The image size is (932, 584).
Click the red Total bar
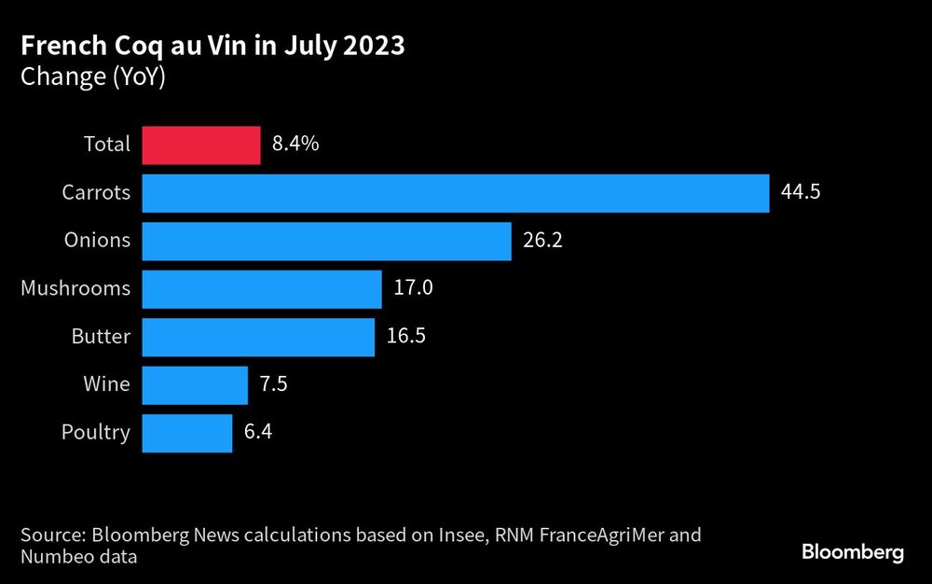(x=200, y=146)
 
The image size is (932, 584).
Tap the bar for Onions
(x=326, y=242)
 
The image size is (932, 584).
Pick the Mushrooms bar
(x=262, y=289)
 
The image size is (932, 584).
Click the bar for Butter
(x=258, y=337)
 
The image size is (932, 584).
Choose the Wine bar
(x=195, y=384)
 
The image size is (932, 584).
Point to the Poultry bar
(x=187, y=433)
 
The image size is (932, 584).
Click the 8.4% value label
(x=295, y=146)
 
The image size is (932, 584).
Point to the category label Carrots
(x=96, y=193)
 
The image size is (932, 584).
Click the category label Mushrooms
(x=75, y=289)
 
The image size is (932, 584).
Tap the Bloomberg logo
(x=853, y=552)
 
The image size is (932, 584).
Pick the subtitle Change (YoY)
(x=92, y=77)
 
